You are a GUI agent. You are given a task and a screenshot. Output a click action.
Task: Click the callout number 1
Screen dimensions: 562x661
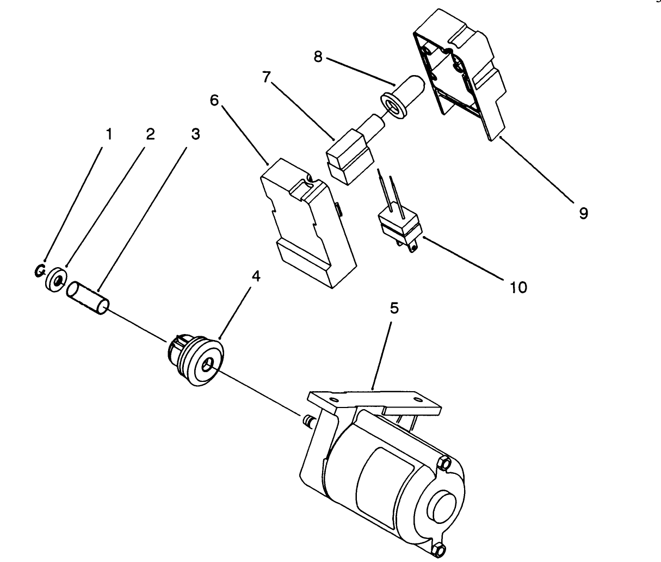click(109, 134)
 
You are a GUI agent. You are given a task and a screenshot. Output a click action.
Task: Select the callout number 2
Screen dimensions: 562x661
click(150, 134)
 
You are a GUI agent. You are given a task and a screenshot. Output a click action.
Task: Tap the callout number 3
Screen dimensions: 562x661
click(195, 134)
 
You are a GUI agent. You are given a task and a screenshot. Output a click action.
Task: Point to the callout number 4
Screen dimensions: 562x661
click(255, 276)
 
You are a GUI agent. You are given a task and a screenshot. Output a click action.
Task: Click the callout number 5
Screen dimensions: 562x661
click(394, 308)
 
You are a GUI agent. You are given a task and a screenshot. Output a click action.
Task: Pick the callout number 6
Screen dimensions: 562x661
click(214, 102)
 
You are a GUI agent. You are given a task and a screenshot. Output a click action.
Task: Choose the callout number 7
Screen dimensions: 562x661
click(266, 77)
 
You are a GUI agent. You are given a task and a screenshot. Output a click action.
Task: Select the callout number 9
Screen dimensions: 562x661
click(583, 213)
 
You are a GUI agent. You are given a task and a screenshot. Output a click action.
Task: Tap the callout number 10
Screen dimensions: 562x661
click(519, 287)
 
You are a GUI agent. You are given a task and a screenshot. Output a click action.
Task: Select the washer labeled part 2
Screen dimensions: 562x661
click(56, 280)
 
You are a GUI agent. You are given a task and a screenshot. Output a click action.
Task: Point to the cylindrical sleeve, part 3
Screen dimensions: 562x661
click(88, 298)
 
